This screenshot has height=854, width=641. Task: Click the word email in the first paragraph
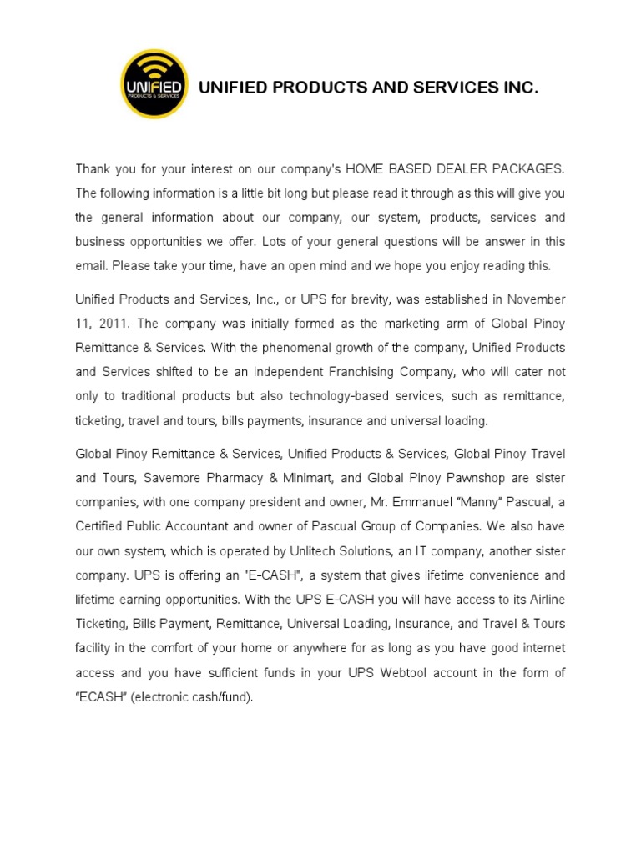pyautogui.click(x=91, y=267)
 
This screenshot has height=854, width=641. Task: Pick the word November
pyautogui.click(x=536, y=299)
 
